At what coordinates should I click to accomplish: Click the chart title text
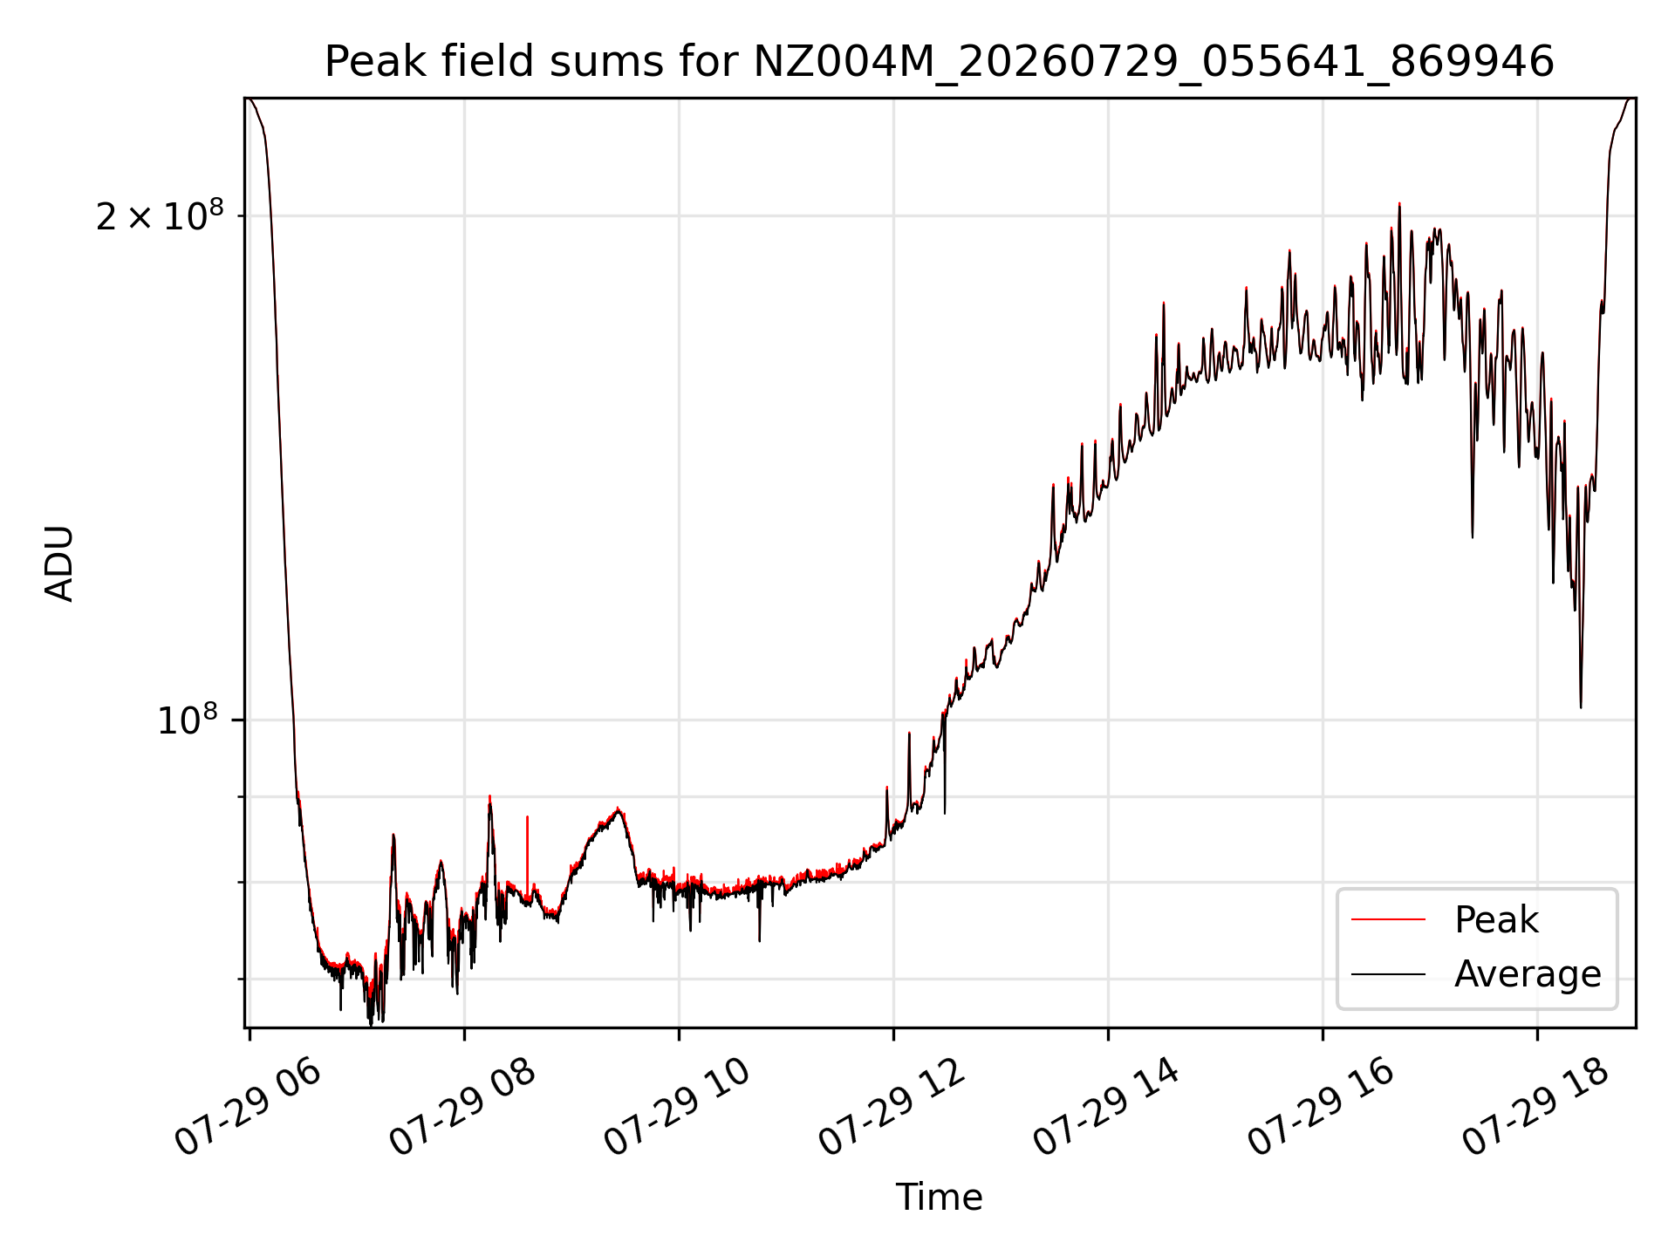(x=939, y=62)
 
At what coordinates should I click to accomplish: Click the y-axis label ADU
(x=59, y=563)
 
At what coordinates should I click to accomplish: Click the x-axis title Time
(x=939, y=1198)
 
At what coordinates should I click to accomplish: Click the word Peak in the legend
(x=1496, y=920)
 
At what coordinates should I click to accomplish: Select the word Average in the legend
(x=1528, y=974)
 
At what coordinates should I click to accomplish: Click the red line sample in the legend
(x=1388, y=920)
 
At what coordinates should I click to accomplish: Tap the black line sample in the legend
(x=1388, y=974)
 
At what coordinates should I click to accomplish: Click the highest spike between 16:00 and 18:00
(x=1399, y=204)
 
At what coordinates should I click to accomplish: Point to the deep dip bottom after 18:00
(x=1581, y=706)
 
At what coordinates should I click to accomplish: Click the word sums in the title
(x=598, y=63)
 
